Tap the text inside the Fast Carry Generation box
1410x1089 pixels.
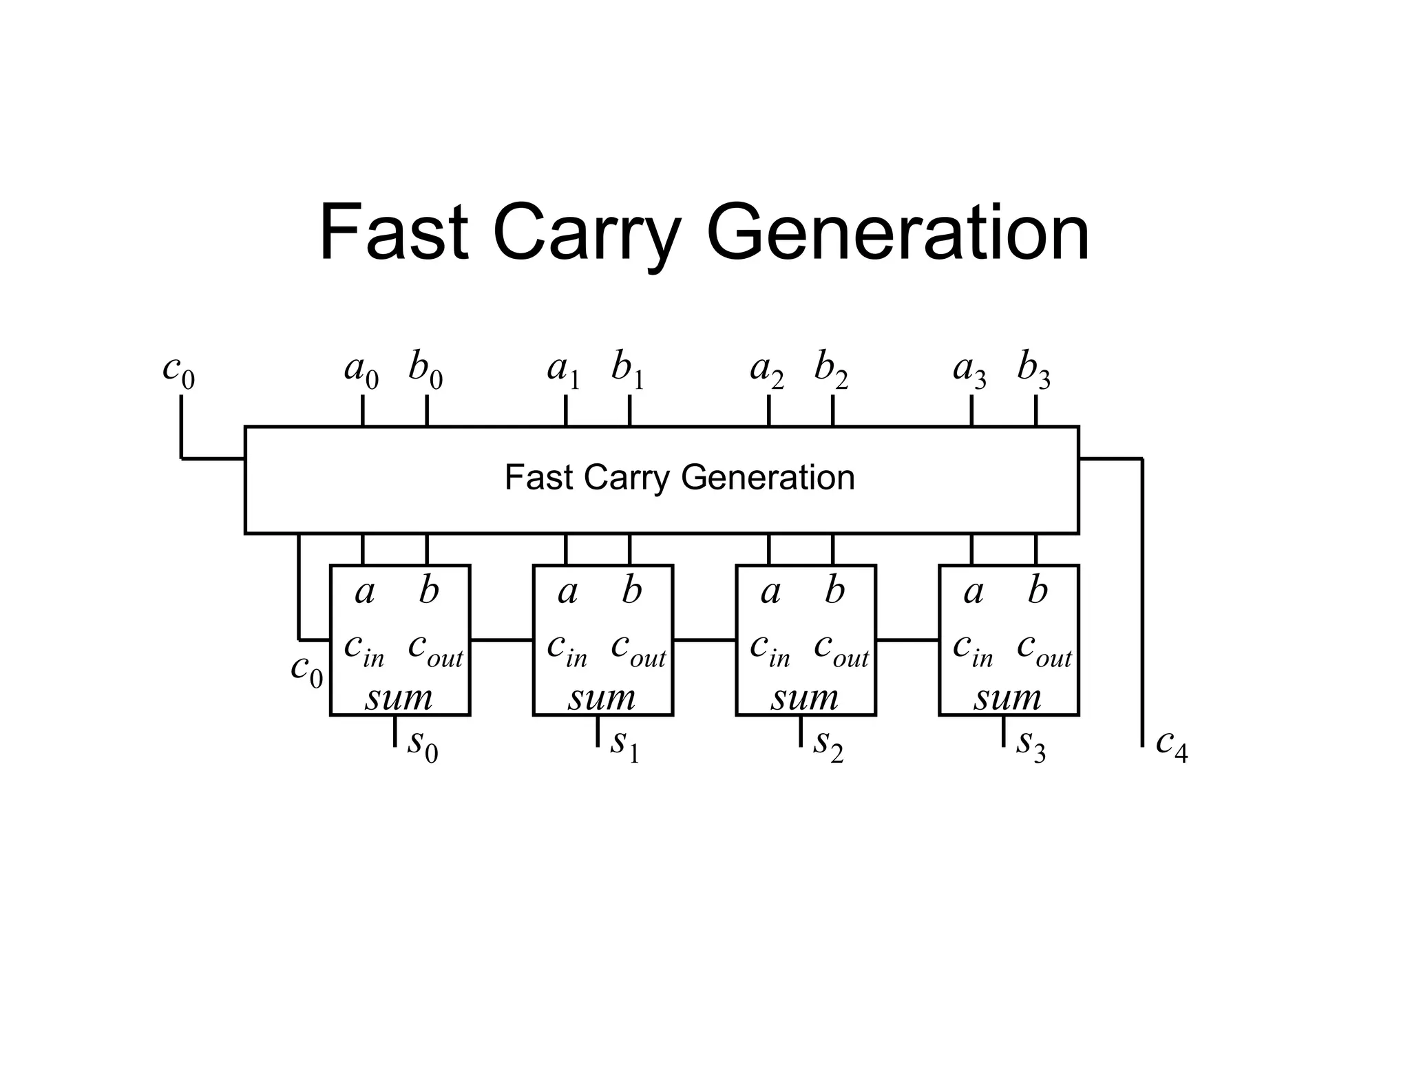(x=679, y=477)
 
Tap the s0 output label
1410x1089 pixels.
(x=422, y=745)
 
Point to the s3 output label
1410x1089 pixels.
(x=1031, y=745)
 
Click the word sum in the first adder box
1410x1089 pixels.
(x=399, y=698)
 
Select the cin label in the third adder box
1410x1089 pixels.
(x=770, y=648)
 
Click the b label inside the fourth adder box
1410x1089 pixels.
(x=1038, y=591)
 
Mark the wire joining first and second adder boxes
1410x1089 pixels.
(x=501, y=640)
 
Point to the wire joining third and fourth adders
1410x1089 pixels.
(x=907, y=640)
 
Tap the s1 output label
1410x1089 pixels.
(x=624, y=745)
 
